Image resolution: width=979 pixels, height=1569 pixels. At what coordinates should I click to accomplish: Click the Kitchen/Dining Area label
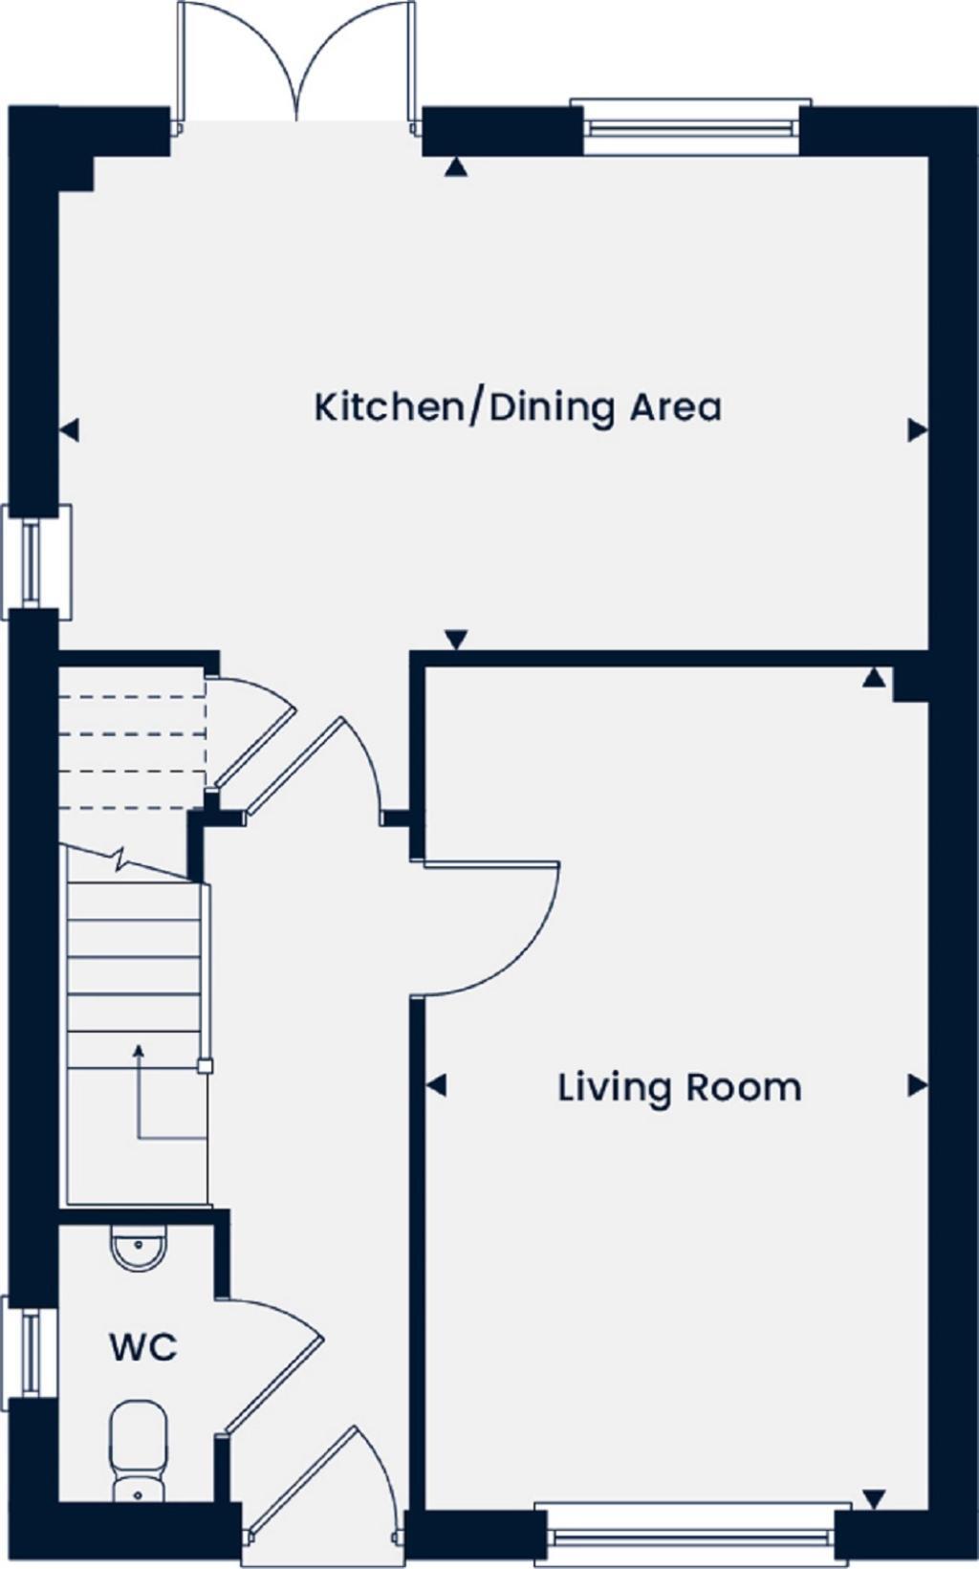coord(517,407)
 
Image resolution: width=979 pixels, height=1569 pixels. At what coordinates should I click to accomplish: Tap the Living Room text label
coord(679,1088)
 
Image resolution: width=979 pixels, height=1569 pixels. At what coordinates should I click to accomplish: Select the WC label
coord(143,1348)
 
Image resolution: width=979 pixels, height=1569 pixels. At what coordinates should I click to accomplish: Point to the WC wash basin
coord(139,1248)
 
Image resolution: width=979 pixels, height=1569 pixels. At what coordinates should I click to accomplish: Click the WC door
coord(272,1367)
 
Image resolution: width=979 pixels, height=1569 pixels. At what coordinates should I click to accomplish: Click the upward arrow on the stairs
coord(139,1052)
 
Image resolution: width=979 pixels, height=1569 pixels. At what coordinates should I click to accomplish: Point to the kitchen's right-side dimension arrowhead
coord(918,430)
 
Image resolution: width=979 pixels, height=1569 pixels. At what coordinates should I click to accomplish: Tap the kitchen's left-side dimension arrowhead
coord(69,431)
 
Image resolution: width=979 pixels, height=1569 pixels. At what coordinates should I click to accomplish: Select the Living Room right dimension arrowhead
coord(918,1085)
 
